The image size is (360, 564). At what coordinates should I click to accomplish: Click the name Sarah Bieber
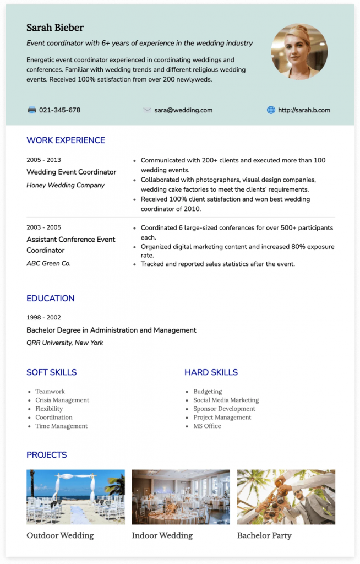[x=55, y=28]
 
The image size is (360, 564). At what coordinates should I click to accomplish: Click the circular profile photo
[x=299, y=52]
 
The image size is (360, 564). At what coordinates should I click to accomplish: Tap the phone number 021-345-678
[x=59, y=110]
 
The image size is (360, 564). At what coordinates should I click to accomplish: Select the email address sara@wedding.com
[x=183, y=110]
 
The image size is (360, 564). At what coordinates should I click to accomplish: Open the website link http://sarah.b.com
[x=304, y=110]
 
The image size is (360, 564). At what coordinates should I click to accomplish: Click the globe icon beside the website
[x=271, y=110]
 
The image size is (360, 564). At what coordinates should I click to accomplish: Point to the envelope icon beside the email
[x=147, y=110]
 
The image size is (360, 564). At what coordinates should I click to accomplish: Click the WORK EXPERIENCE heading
[x=66, y=140]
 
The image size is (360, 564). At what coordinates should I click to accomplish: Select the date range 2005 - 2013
[x=43, y=160]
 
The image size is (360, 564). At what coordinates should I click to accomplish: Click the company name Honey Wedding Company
[x=66, y=185]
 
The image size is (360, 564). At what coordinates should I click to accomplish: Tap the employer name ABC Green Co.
[x=48, y=263]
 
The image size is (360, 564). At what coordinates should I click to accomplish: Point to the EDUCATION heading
[x=50, y=299]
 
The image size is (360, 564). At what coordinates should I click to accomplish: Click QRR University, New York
[x=64, y=343]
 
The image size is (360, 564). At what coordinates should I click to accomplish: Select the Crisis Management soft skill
[x=62, y=400]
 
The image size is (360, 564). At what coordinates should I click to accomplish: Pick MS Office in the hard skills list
[x=207, y=426]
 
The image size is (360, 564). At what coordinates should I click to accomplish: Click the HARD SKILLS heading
[x=211, y=372]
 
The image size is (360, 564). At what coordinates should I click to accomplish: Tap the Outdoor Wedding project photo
[x=75, y=497]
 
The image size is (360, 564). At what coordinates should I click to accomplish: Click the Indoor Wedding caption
[x=162, y=535]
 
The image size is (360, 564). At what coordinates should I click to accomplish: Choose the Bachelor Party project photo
[x=286, y=497]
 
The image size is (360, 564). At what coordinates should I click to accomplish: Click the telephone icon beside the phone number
[x=32, y=110]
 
